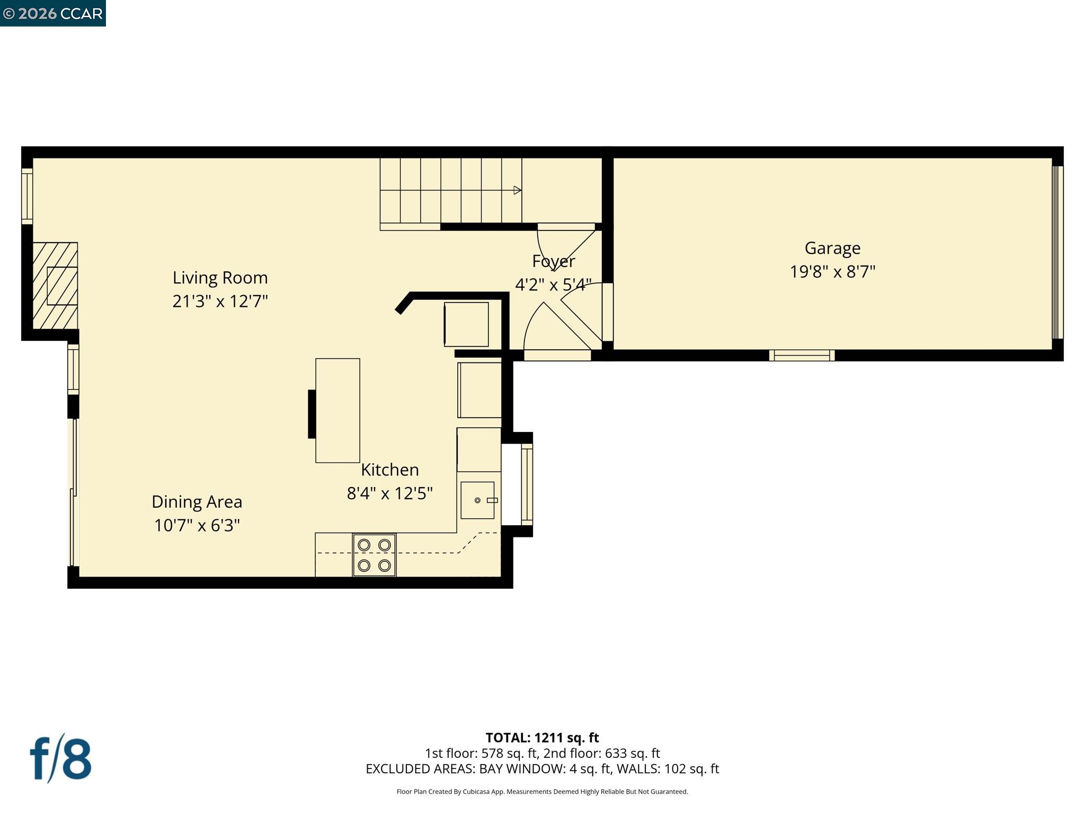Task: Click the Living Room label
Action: pos(220,278)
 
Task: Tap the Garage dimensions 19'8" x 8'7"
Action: pos(832,272)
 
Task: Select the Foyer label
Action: pos(553,261)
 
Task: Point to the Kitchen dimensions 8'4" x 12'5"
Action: pos(389,493)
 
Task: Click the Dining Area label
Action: pos(197,501)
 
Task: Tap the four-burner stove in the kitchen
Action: pos(374,555)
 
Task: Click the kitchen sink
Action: pos(477,500)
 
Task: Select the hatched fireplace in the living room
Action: pos(55,286)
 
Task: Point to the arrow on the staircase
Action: pos(517,190)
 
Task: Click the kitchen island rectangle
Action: pos(337,410)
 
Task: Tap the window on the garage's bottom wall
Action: pos(802,355)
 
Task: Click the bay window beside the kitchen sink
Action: pos(527,484)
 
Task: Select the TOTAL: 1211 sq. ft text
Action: pos(542,738)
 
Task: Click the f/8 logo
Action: pos(60,758)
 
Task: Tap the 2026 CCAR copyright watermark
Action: pos(52,13)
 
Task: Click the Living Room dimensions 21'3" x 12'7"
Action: pos(220,302)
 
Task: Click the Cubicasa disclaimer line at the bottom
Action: pos(542,792)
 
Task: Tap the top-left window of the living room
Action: pos(27,196)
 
